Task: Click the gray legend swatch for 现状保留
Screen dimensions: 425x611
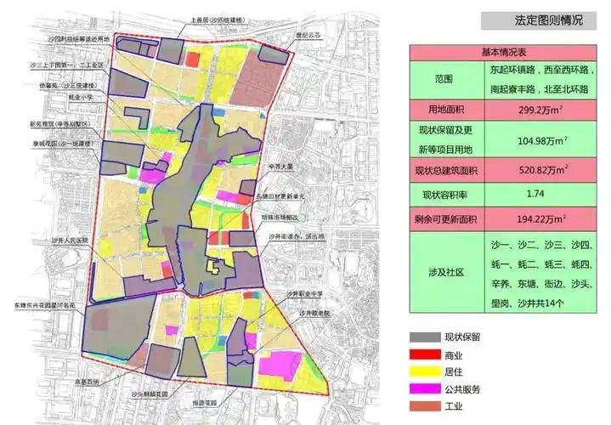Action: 422,337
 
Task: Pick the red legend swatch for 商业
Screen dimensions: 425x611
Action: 422,355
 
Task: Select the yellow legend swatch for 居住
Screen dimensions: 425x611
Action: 422,372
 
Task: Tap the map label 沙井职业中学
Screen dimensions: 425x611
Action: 304,293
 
